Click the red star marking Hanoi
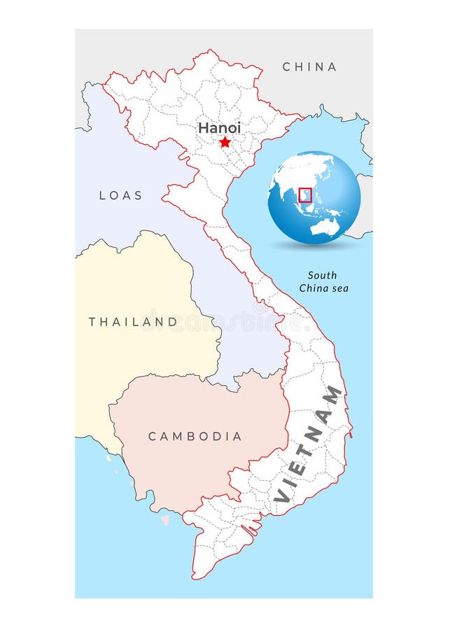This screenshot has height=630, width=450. (225, 142)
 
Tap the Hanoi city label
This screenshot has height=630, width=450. (219, 128)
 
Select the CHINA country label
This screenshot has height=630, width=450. (309, 67)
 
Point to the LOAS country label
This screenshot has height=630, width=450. (120, 195)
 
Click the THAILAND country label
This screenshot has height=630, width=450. (133, 322)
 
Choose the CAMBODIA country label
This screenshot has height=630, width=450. (195, 436)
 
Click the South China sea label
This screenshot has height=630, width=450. (323, 281)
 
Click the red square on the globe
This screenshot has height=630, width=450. (304, 195)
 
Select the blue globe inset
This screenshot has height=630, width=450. (314, 197)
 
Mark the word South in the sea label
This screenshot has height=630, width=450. (322, 275)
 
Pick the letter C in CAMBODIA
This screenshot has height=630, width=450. (152, 436)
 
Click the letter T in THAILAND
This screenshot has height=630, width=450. (92, 322)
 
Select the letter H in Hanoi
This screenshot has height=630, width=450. (203, 128)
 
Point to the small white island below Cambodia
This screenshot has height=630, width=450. (165, 520)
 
